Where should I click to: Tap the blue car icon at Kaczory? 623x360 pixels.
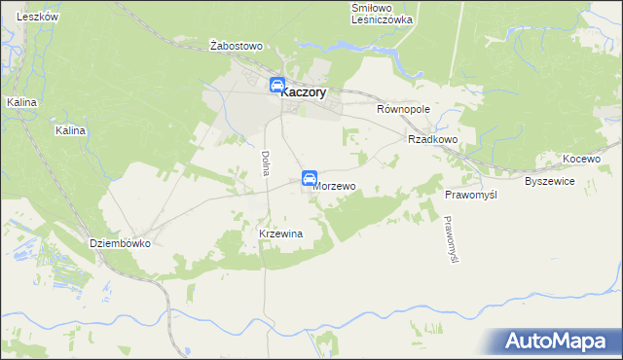277,87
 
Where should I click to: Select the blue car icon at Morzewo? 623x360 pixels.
309,178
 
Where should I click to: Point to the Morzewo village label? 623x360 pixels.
335,186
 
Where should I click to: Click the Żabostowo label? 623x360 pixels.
238,46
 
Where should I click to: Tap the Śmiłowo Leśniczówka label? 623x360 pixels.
382,13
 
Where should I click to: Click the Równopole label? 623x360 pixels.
403,110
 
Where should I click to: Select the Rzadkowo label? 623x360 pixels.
433,139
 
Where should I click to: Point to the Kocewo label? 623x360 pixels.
583,159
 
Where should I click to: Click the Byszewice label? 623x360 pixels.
551,182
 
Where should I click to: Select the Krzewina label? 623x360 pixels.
281,234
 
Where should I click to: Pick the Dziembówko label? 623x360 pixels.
120,244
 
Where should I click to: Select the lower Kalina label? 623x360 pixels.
71,130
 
